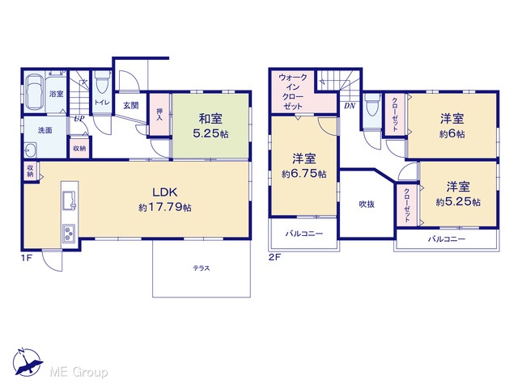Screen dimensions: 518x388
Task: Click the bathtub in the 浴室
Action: [35, 94]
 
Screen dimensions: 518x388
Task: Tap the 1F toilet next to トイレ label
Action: [103, 83]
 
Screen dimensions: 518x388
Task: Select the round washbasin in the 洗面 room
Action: [31, 150]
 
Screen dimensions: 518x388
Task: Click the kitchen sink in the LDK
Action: [70, 200]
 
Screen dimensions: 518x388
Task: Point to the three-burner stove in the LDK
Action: [69, 234]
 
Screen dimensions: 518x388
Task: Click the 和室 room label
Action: [210, 119]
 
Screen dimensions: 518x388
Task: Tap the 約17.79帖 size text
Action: [165, 207]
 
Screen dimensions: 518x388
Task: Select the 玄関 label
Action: [131, 106]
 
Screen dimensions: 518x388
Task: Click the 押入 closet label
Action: [159, 114]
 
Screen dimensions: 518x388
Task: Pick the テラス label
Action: [202, 268]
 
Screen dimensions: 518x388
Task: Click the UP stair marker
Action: [79, 119]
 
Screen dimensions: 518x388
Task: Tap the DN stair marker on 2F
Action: [350, 106]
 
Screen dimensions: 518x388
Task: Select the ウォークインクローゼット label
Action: [293, 91]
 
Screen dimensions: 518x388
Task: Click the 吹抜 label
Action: [367, 205]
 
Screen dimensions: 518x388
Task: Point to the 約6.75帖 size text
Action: [304, 174]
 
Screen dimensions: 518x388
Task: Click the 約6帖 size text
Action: [452, 134]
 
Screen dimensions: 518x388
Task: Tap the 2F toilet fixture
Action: [372, 105]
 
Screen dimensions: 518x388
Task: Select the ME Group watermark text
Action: [79, 373]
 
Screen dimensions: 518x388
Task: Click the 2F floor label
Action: [274, 257]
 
